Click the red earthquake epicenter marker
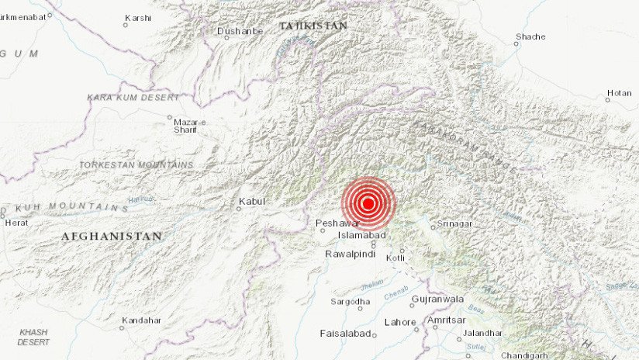pos(368,204)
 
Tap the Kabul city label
pos(252,202)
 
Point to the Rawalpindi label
pos(351,254)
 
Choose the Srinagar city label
pos(456,224)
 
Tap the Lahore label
pos(400,321)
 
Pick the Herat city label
pos(17,222)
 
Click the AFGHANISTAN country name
pos(112,236)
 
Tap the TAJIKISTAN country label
pos(313,26)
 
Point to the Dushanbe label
pos(240,31)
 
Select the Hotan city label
pos(619,93)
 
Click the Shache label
pos(530,36)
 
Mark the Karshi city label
pos(138,17)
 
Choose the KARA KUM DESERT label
pos(133,98)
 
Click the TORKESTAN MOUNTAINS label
pos(136,165)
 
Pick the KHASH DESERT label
pos(34,337)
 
